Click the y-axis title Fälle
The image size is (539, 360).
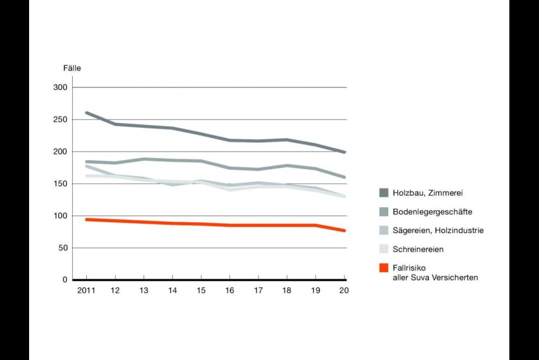[x=72, y=68]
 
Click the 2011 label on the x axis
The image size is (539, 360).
[x=86, y=291]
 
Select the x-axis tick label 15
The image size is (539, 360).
[x=201, y=291]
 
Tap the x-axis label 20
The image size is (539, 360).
[x=344, y=291]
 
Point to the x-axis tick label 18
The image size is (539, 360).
[x=287, y=291]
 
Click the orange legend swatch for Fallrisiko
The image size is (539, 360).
[x=384, y=268]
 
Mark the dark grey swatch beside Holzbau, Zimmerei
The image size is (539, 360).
[x=384, y=193]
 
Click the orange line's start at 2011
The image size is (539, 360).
[x=86, y=219]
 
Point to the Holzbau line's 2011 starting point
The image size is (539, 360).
[x=86, y=113]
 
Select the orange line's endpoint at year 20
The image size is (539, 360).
[x=344, y=231]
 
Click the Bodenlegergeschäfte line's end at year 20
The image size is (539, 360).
[x=344, y=177]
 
